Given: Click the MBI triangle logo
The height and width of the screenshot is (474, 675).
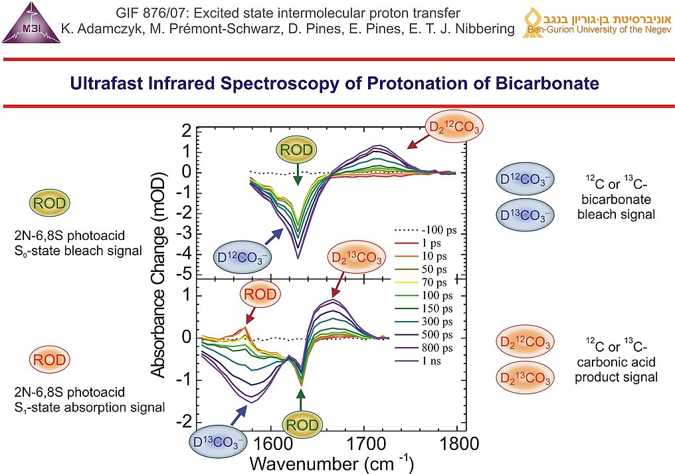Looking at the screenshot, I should (x=31, y=24).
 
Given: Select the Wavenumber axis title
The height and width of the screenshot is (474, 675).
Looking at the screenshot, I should (x=332, y=462).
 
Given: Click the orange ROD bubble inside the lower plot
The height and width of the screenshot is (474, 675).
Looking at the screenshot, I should (x=256, y=294).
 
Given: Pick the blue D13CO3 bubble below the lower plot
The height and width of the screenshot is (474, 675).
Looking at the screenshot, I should (x=217, y=441).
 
